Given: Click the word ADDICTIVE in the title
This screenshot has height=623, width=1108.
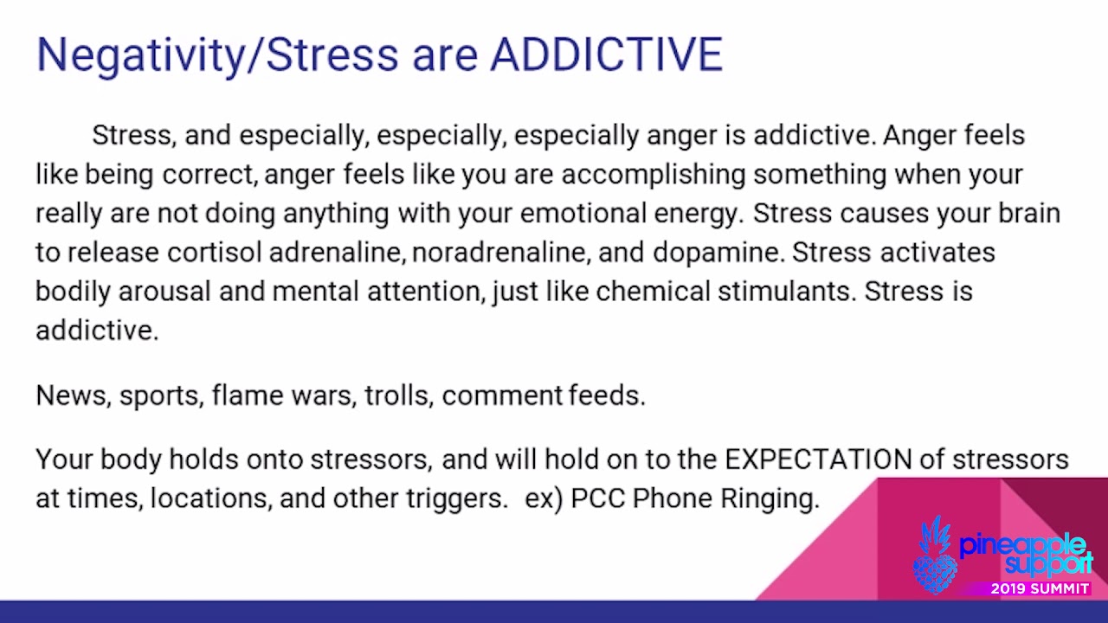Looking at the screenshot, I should pos(606,55).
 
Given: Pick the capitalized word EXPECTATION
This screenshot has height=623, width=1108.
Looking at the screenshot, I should pos(818,459).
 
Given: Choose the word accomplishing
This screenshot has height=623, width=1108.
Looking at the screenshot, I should pos(653,174).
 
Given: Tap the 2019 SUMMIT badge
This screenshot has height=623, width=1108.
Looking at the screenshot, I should pos(1040,589).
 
